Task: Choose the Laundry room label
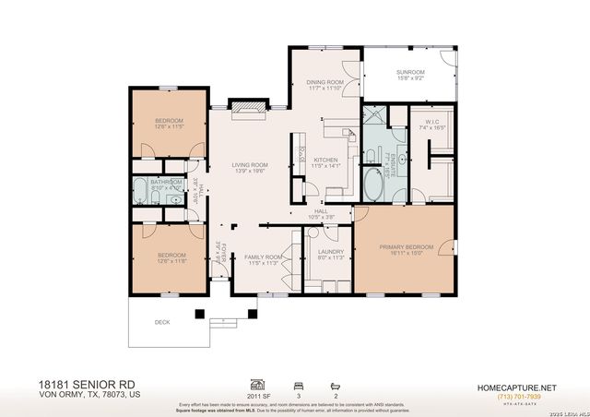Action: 330,254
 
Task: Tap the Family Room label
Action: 263,260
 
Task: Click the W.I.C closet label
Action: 432,125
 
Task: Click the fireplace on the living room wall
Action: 248,107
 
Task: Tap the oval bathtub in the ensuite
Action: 374,183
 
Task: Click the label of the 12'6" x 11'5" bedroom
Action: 168,125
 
